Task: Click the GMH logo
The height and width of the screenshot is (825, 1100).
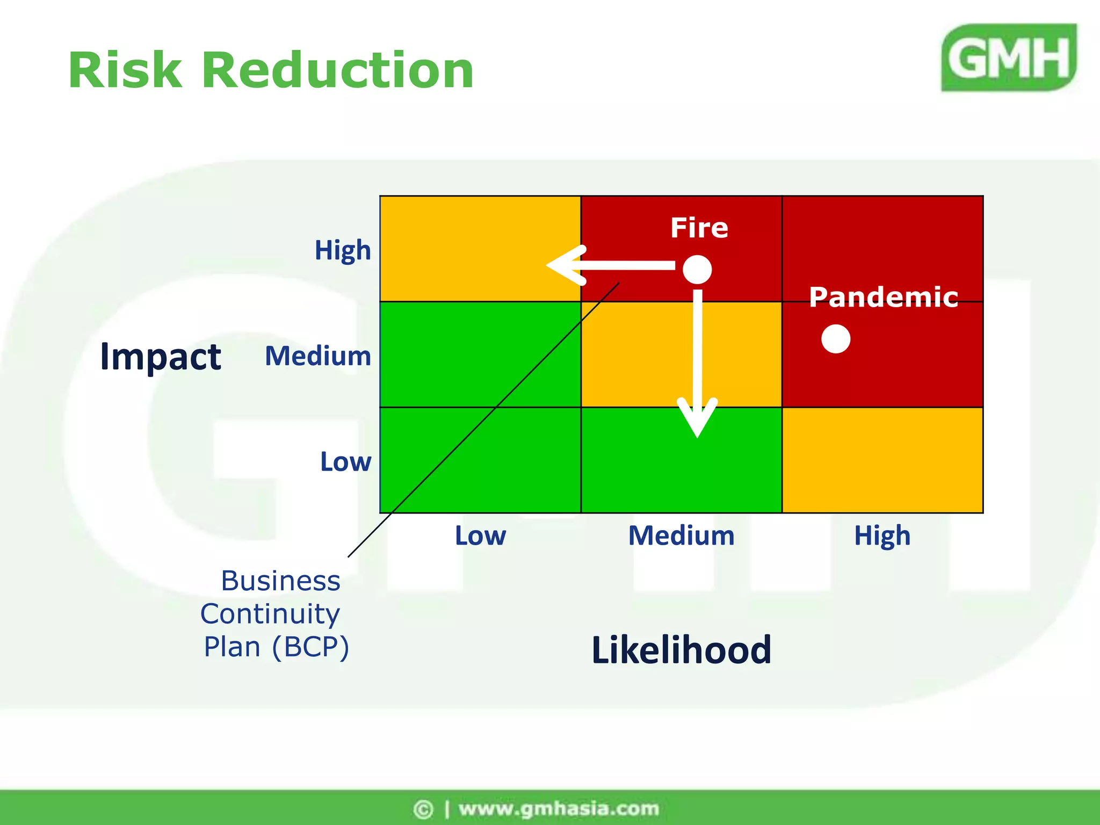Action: pyautogui.click(x=1009, y=58)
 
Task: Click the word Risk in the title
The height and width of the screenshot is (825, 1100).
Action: pyautogui.click(x=125, y=70)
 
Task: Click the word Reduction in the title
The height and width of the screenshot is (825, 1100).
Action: pyautogui.click(x=337, y=70)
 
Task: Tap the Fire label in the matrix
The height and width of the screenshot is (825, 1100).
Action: pyautogui.click(x=699, y=228)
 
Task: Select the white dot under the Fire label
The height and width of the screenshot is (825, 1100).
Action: pyautogui.click(x=697, y=269)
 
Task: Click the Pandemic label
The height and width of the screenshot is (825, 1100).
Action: pyautogui.click(x=884, y=297)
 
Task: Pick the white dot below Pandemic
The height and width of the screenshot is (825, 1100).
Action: pyautogui.click(x=836, y=339)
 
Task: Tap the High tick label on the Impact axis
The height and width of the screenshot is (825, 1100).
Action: pyautogui.click(x=343, y=250)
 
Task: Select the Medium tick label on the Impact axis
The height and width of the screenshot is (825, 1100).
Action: pyautogui.click(x=318, y=356)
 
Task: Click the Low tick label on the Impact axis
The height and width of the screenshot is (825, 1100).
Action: pyautogui.click(x=345, y=462)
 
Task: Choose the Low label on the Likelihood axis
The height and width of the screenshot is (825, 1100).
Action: pyautogui.click(x=480, y=535)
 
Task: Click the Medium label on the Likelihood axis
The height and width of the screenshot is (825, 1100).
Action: pyautogui.click(x=681, y=535)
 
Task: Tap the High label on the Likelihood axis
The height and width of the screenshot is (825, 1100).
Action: pyautogui.click(x=882, y=535)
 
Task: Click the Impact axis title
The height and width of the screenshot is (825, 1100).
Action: pyautogui.click(x=161, y=357)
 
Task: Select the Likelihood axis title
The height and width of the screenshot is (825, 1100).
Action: pyautogui.click(x=681, y=650)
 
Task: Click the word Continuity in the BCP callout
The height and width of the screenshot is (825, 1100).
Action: pyautogui.click(x=270, y=614)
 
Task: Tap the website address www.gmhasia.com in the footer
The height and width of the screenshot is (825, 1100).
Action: pyautogui.click(x=559, y=808)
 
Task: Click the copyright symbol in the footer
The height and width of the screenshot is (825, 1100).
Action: pyautogui.click(x=423, y=809)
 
